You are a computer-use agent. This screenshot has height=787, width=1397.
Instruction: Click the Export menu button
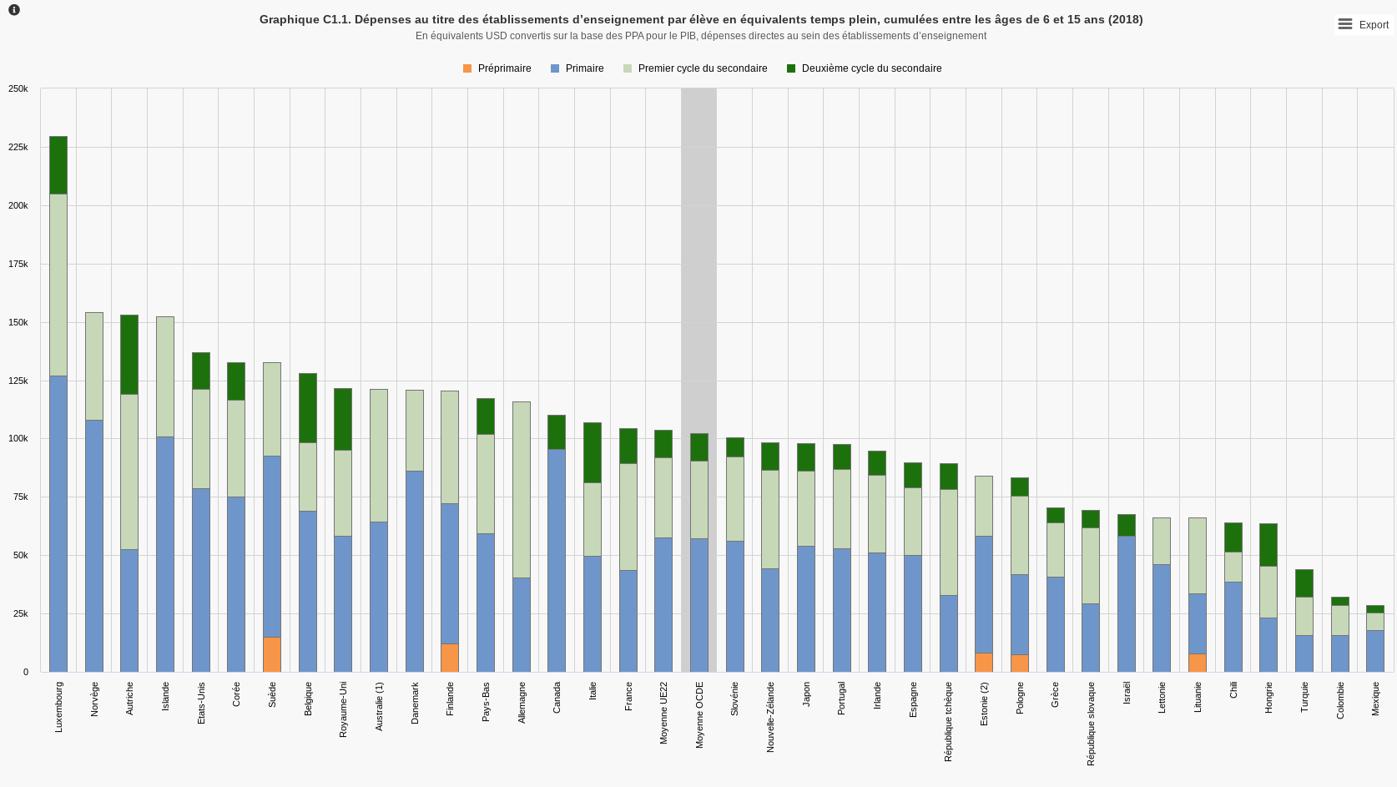[x=1363, y=24]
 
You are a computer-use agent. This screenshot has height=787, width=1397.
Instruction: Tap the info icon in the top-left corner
[x=13, y=10]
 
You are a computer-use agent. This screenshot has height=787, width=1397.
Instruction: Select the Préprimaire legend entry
[x=497, y=68]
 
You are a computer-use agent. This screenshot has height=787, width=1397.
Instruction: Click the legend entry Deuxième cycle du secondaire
[x=864, y=68]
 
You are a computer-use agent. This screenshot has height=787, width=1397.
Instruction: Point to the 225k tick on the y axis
[x=18, y=147]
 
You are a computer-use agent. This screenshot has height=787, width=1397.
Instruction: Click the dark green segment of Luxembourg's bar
[x=58, y=165]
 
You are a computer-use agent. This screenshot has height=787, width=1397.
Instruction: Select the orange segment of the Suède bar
[x=272, y=654]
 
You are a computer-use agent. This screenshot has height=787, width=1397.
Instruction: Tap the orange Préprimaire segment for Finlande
[x=450, y=658]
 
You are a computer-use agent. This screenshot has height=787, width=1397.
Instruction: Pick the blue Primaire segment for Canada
[x=557, y=560]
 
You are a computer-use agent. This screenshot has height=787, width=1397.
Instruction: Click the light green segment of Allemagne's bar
[x=522, y=490]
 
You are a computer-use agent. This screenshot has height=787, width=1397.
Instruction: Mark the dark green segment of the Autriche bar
[x=129, y=355]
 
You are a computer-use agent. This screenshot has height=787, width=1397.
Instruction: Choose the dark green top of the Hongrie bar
[x=1268, y=545]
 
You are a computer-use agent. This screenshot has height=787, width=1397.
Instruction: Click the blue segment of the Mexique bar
[x=1375, y=651]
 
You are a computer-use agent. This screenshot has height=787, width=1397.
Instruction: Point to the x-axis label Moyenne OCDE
[x=699, y=714]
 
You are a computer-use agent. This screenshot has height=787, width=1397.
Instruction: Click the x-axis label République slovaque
[x=1091, y=724]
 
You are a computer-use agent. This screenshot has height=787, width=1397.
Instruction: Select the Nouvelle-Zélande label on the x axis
[x=770, y=717]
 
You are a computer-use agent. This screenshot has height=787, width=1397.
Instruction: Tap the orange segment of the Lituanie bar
[x=1198, y=663]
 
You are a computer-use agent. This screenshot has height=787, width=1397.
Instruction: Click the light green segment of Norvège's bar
[x=94, y=366]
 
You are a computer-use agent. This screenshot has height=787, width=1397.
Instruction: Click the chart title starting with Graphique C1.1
[x=700, y=19]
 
